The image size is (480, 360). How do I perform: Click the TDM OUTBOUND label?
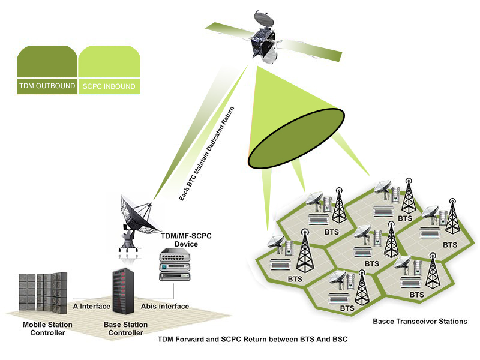[x=47, y=86]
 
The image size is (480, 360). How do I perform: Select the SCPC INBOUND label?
[x=109, y=86]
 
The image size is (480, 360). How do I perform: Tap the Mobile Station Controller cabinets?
[x=43, y=293]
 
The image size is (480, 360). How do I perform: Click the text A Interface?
[x=91, y=307]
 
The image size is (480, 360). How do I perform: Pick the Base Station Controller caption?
[x=126, y=329]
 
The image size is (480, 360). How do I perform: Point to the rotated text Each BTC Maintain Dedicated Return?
[x=210, y=154]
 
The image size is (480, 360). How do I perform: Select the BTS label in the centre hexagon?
[x=372, y=263]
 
